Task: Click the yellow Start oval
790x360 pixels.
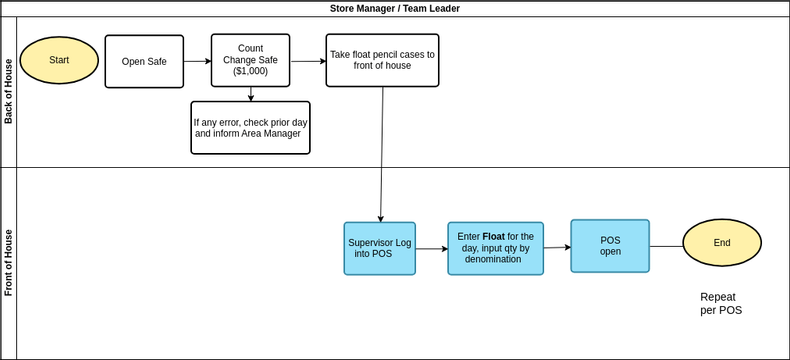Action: (59, 60)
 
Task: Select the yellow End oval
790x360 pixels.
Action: (722, 243)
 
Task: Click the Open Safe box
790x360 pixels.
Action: (144, 61)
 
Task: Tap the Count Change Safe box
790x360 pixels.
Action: (250, 60)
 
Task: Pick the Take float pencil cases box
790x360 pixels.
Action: (382, 60)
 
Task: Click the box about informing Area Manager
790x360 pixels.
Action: (250, 128)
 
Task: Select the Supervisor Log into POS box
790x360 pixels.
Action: (380, 249)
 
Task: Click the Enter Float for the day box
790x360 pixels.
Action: (496, 249)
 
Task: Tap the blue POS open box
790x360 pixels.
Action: (610, 246)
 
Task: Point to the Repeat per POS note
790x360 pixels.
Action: (721, 304)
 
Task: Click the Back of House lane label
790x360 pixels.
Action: (9, 92)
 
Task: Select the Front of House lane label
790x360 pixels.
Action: (9, 263)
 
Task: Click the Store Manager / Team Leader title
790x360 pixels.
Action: (395, 9)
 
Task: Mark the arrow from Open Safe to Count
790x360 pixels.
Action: (198, 61)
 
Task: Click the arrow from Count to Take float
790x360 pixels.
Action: (308, 61)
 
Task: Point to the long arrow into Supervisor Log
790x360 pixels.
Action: (382, 155)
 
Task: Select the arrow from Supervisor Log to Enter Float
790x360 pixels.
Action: (432, 249)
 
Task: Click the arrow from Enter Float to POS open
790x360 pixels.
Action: (557, 247)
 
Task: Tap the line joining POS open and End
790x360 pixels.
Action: (666, 247)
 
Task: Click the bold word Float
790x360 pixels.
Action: (494, 237)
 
